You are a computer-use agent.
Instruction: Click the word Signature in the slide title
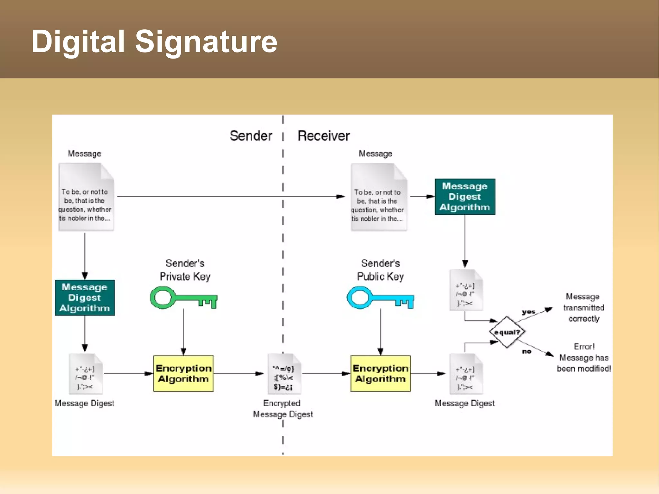point(206,42)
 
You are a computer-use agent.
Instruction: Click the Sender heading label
point(251,136)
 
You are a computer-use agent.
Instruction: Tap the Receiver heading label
point(323,136)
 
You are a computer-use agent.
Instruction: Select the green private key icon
point(183,298)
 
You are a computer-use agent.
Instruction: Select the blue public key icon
point(380,298)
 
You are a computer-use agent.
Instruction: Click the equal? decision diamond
point(507,332)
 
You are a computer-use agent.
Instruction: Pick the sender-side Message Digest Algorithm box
point(85,298)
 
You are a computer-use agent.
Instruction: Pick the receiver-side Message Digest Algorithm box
point(465,197)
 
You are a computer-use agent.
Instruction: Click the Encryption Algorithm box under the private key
point(183,373)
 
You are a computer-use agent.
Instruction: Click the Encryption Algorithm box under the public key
point(380,373)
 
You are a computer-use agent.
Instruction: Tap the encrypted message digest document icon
point(284,374)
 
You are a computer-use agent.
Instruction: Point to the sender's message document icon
point(86,197)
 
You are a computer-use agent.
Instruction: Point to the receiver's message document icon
point(378,197)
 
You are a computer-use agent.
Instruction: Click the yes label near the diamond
point(528,312)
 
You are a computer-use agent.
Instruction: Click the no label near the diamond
point(526,351)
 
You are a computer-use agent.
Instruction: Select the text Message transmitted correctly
point(584,307)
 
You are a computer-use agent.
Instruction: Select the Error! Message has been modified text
point(584,358)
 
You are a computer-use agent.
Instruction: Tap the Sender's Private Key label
point(185,270)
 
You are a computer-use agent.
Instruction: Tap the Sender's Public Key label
point(380,270)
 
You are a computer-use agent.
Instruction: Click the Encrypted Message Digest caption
point(283,409)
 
